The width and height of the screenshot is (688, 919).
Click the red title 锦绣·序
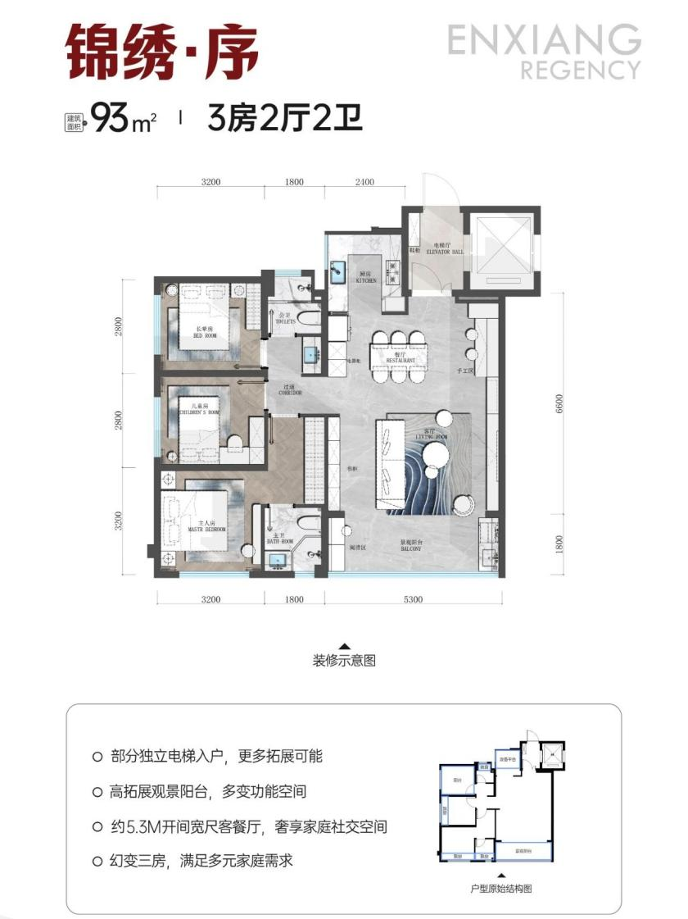pos(162,51)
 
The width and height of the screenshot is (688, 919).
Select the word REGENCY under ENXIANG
pos(580,70)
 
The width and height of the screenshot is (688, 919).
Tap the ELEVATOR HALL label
pos(445,251)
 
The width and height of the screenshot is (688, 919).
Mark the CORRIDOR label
pos(290,393)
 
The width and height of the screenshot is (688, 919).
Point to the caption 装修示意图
pos(344,661)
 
